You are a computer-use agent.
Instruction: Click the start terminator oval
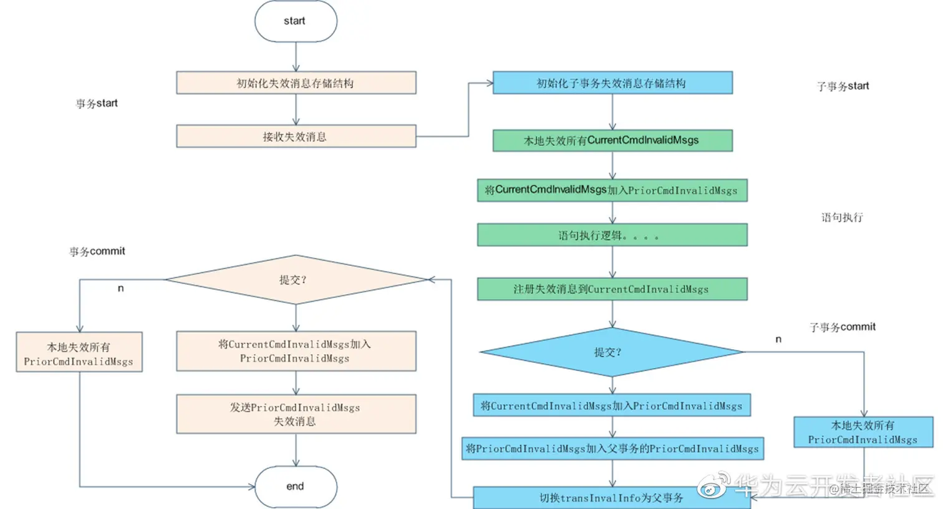tap(296, 21)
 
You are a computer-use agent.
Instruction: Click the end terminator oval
tap(296, 487)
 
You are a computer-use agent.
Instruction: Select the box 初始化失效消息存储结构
tap(296, 83)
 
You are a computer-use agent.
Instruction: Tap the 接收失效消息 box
tap(296, 136)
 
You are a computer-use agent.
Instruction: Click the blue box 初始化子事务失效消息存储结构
tap(612, 83)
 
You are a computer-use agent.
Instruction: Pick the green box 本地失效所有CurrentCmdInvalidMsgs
tap(612, 141)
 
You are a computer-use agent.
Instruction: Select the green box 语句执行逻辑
tap(612, 235)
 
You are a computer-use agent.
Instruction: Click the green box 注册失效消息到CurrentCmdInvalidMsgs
tap(612, 289)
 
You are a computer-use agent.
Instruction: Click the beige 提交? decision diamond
tap(296, 280)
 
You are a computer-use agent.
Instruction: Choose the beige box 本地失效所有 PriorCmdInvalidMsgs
tap(79, 353)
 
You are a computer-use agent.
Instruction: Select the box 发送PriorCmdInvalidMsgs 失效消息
tap(296, 414)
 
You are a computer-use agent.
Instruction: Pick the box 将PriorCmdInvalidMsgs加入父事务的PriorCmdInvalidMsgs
tap(612, 448)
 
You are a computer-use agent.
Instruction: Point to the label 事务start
tap(97, 104)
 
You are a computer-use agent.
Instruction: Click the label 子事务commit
tap(842, 327)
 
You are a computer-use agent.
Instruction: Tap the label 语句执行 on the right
tap(842, 217)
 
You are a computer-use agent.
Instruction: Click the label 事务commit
tap(97, 252)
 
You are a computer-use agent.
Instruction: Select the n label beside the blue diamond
tap(778, 339)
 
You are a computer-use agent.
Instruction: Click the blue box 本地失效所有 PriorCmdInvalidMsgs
tap(863, 432)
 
